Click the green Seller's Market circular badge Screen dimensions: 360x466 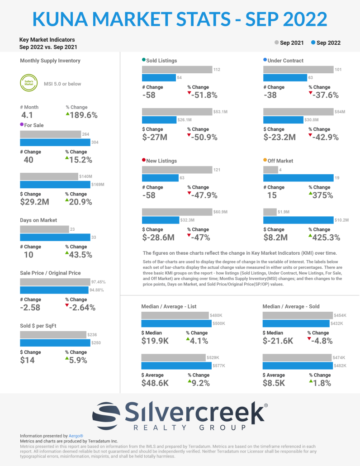[29, 83]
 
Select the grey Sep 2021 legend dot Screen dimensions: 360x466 [276, 43]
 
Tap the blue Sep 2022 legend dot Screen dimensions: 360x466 [313, 43]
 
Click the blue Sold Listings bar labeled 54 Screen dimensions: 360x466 [159, 77]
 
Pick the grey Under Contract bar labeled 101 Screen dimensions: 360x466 [298, 70]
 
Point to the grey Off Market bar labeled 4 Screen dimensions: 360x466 [270, 170]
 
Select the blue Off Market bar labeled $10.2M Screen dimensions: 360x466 [298, 220]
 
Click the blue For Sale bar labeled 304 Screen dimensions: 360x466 [55, 143]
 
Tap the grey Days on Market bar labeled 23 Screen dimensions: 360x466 [44, 229]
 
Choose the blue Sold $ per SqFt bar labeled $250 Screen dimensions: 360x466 [55, 342]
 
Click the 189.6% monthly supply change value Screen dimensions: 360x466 [84, 115]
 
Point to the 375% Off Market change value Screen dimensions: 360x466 [322, 195]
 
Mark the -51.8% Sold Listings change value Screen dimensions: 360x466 [204, 95]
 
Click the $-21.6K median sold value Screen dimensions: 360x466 [278, 341]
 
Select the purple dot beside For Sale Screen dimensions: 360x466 [22, 124]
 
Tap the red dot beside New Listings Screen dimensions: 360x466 [144, 160]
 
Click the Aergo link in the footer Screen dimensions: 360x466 [76, 436]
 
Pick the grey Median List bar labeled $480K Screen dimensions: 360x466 [175, 315]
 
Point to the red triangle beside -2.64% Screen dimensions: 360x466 [67, 305]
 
